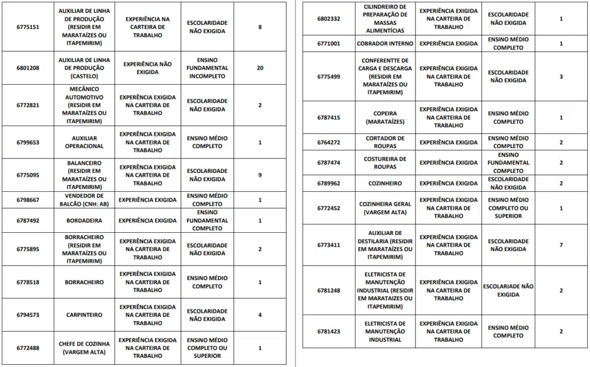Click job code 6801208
[x=28, y=68]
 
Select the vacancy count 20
[x=260, y=68]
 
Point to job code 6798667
[x=28, y=200]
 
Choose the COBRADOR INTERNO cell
[x=385, y=43]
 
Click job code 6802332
[x=329, y=19]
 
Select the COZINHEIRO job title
[x=385, y=183]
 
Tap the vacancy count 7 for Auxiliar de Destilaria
[x=561, y=245]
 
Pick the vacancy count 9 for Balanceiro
[x=260, y=175]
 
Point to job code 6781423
[x=329, y=331]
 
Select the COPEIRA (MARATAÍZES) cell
[x=385, y=118]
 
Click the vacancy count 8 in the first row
[x=260, y=27]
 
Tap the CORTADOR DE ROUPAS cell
[x=385, y=142]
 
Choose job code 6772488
[x=28, y=348]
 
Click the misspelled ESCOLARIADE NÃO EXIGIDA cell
[x=508, y=290]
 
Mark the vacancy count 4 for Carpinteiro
[x=260, y=315]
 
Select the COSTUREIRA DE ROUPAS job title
[x=385, y=162]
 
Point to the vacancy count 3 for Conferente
[x=561, y=77]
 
